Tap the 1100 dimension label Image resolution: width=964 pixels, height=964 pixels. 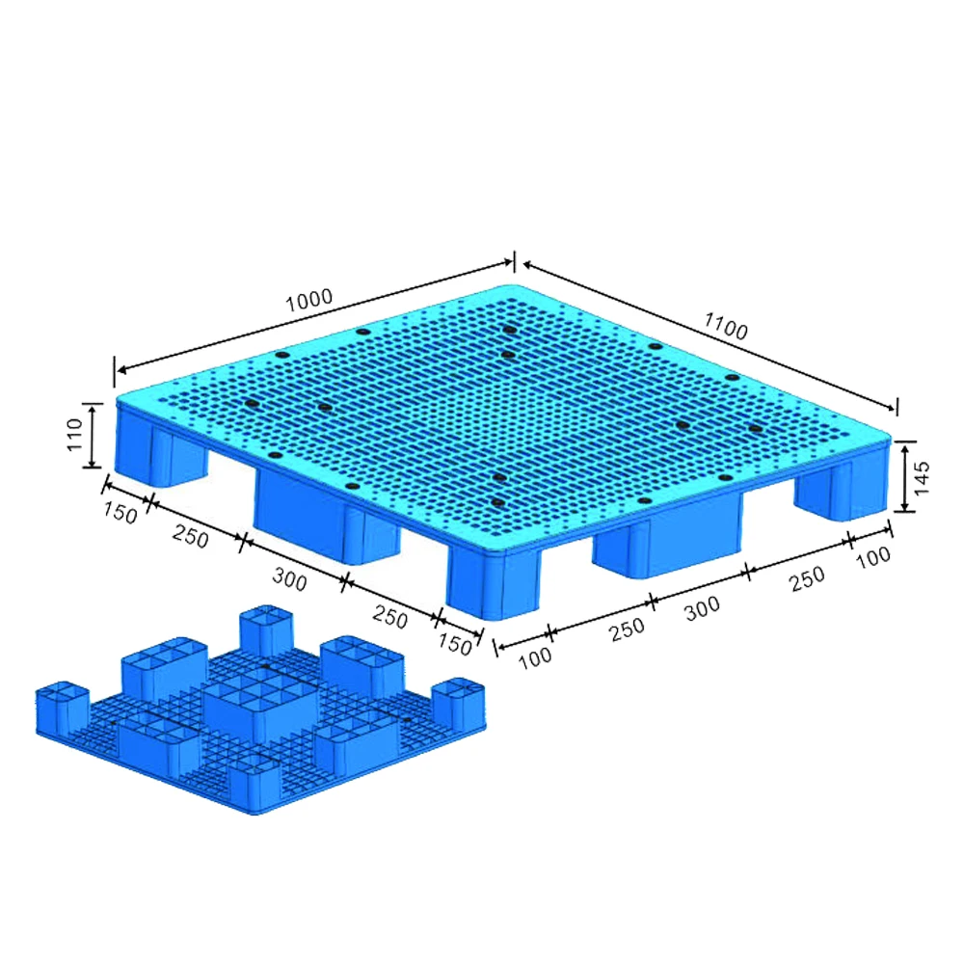pyautogui.click(x=726, y=327)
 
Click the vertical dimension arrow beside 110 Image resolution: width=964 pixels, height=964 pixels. pyautogui.click(x=93, y=436)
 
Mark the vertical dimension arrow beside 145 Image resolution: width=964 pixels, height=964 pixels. pyautogui.click(x=904, y=477)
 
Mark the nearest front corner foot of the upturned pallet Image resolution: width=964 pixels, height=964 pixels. pyautogui.click(x=254, y=779)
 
